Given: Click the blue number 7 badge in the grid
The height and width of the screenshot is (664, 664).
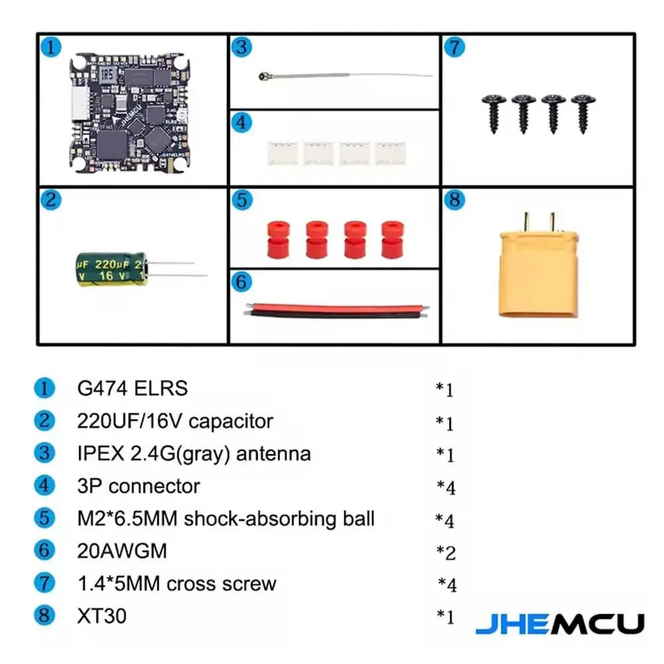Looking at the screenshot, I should click(454, 48).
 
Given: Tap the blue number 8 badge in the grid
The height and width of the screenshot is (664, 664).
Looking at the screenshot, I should click(454, 201).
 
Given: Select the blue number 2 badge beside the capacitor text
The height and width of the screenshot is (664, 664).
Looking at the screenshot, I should click(44, 421).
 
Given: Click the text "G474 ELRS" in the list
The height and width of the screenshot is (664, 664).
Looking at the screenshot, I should click(132, 388).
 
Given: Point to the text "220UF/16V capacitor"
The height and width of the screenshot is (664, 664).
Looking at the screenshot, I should click(175, 421).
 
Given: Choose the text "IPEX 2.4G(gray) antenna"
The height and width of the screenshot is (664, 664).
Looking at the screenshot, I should click(194, 454).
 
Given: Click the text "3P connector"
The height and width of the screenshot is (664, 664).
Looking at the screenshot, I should click(138, 486).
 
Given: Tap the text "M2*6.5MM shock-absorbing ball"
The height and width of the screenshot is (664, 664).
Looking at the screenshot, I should click(226, 519).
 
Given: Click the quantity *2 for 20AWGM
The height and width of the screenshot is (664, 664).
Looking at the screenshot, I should click(446, 552).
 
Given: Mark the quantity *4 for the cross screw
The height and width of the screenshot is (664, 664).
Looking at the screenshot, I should click(447, 585).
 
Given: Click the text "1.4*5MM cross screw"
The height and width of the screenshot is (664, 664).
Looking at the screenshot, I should click(176, 584).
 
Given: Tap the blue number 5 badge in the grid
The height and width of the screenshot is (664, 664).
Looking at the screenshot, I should click(242, 200).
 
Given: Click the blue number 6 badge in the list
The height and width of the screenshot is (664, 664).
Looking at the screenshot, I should click(44, 551).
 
